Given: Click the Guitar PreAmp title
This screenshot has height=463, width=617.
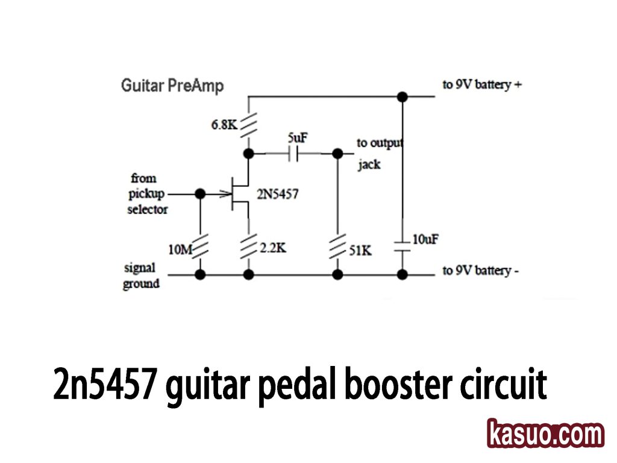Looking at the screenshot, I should pyautogui.click(x=172, y=86).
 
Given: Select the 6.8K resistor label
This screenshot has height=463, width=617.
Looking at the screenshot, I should pyautogui.click(x=224, y=125).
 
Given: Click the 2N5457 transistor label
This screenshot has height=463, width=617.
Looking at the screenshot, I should pyautogui.click(x=278, y=195).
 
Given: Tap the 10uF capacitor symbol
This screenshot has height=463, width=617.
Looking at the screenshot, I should pyautogui.click(x=402, y=246).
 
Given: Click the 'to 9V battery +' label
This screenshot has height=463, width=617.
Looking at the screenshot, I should pyautogui.click(x=481, y=84).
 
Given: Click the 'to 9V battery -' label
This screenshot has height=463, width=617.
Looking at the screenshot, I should pyautogui.click(x=480, y=271).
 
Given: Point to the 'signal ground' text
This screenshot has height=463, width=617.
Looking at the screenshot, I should pyautogui.click(x=141, y=276).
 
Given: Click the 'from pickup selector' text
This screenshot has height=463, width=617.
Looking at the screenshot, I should pyautogui.click(x=147, y=194).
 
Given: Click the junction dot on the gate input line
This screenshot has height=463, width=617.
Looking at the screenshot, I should pyautogui.click(x=201, y=194).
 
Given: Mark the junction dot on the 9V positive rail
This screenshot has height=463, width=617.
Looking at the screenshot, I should pyautogui.click(x=402, y=96).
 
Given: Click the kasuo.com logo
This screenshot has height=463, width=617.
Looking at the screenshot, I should pyautogui.click(x=545, y=434).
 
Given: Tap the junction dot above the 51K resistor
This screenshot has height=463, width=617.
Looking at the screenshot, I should pyautogui.click(x=338, y=154).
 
